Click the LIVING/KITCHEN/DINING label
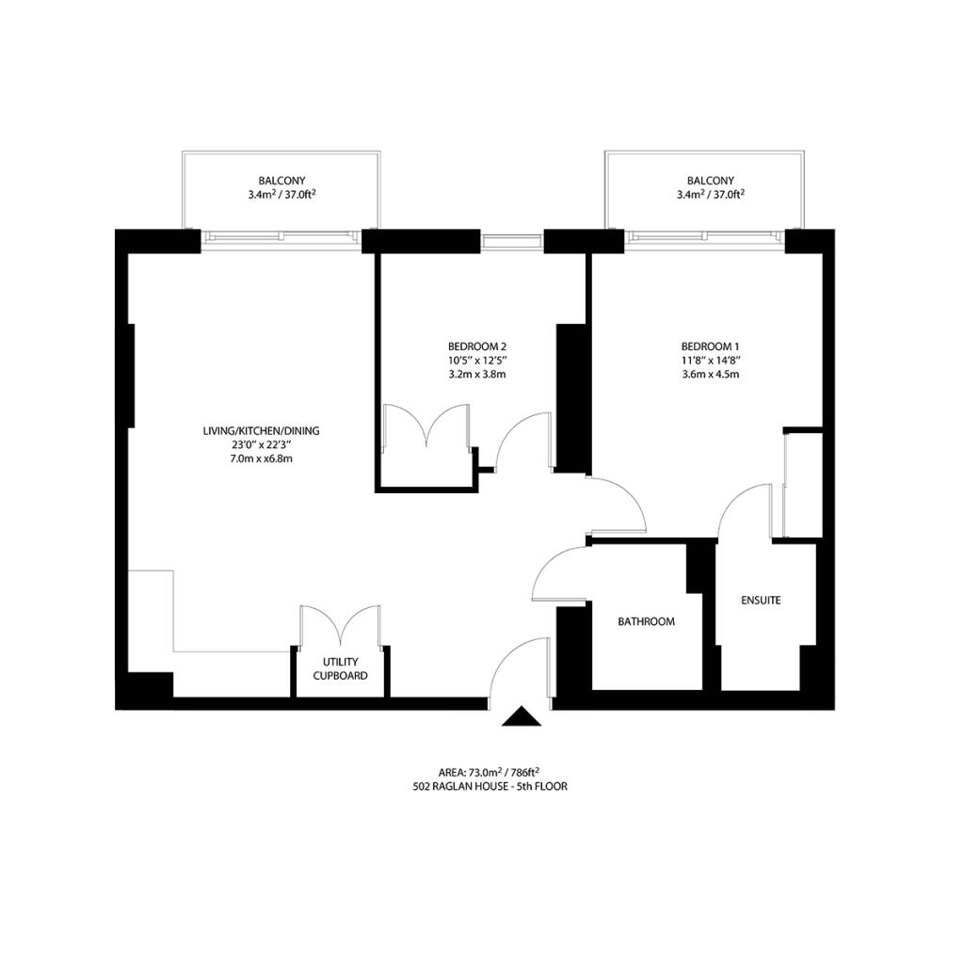click(261, 431)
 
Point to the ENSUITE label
click(761, 600)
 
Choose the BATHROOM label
click(646, 622)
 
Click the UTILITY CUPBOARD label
click(340, 668)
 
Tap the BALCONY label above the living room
click(281, 181)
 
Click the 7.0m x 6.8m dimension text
click(261, 459)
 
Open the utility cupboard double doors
click(341, 624)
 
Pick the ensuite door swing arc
click(744, 508)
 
